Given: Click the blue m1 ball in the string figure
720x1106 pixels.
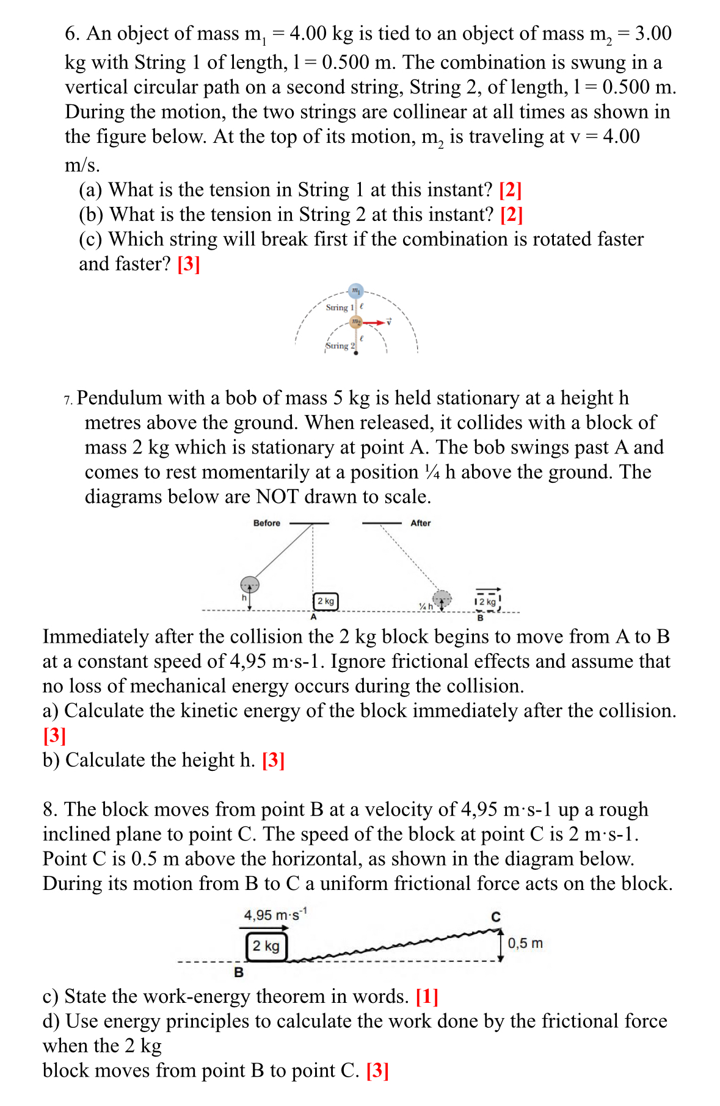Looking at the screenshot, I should (355, 291).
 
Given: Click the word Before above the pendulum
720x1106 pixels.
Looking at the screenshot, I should (266, 523).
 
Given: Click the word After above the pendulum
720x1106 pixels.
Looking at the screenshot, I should (420, 523).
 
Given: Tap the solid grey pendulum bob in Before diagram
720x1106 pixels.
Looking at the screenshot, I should (249, 585).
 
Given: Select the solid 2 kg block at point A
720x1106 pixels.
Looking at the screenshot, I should (325, 601).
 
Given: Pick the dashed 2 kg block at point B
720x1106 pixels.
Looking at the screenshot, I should (487, 602).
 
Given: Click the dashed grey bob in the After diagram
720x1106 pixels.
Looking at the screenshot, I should (442, 599).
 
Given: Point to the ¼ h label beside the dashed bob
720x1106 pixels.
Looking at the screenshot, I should (425, 606).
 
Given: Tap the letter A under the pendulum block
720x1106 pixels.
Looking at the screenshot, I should (313, 617).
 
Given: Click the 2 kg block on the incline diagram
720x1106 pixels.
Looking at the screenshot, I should (266, 946).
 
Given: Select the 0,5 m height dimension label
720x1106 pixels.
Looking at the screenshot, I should (525, 943).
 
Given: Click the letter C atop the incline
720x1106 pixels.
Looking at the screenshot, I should (496, 917).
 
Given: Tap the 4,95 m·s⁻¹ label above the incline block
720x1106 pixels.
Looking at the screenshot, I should (275, 915).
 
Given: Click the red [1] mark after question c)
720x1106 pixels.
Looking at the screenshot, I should (426, 996).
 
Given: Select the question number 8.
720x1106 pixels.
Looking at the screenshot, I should (49, 809).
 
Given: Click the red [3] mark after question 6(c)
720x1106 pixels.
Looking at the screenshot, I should (189, 264).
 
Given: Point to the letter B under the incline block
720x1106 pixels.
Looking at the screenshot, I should (239, 972).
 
